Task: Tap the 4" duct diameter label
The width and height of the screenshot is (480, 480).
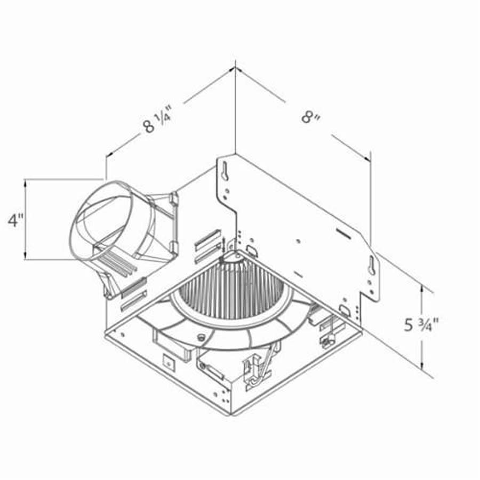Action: (x=15, y=220)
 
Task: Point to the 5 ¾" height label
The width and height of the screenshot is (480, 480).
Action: (x=421, y=324)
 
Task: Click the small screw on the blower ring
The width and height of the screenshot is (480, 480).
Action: (x=202, y=337)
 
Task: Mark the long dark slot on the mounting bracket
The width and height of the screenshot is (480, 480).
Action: (x=343, y=233)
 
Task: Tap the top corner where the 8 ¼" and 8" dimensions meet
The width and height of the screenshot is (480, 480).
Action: (x=235, y=68)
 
